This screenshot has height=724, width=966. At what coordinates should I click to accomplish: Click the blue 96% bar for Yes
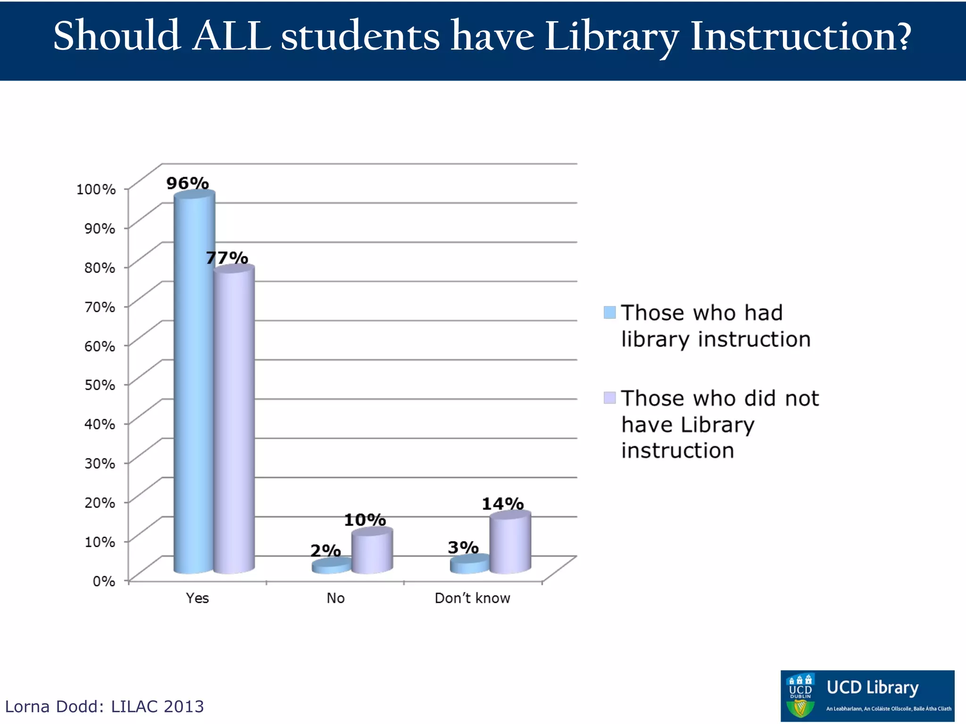point(194,382)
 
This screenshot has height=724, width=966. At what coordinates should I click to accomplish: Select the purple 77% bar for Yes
point(234,420)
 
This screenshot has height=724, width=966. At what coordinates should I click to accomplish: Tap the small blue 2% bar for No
point(332,566)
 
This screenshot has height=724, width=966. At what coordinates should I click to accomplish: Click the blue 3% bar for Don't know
point(469,564)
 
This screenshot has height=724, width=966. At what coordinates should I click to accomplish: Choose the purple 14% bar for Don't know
point(510,543)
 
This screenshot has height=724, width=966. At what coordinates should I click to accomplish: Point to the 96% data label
point(187,183)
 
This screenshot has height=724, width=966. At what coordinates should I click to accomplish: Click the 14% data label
point(502,504)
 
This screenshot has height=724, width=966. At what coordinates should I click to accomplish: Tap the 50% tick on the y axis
point(100,385)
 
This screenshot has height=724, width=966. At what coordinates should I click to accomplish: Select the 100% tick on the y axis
point(96,189)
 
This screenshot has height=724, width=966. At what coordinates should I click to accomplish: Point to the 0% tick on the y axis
point(104,581)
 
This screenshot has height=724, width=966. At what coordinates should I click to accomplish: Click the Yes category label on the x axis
point(197,598)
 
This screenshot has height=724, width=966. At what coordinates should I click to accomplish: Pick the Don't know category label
point(472,598)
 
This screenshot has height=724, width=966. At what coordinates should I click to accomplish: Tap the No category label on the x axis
point(335,598)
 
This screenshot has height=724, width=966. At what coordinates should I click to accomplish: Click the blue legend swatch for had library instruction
point(609,313)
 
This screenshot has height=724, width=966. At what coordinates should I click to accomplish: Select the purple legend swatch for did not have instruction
point(609,398)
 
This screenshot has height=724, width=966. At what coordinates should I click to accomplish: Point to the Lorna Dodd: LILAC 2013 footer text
point(104,707)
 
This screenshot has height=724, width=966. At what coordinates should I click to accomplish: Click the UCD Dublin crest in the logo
point(800,696)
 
